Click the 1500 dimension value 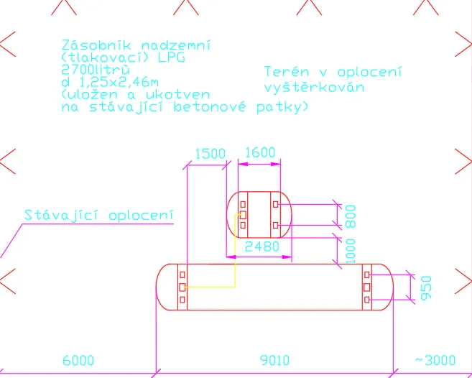(x=210, y=154)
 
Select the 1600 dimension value (x=260, y=152)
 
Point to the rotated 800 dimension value (x=351, y=216)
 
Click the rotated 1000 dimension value (x=351, y=251)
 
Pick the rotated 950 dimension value (x=426, y=287)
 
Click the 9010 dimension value (x=274, y=360)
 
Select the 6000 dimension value (x=78, y=360)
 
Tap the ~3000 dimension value (x=435, y=360)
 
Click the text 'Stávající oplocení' (x=99, y=216)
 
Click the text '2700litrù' (x=96, y=70)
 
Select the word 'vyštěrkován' (x=314, y=88)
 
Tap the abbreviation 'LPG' (x=172, y=57)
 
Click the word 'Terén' (x=287, y=72)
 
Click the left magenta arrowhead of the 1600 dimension (x=243, y=164)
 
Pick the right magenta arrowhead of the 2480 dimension (x=287, y=257)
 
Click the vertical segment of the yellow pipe (x=235, y=251)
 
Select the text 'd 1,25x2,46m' (x=110, y=82)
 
